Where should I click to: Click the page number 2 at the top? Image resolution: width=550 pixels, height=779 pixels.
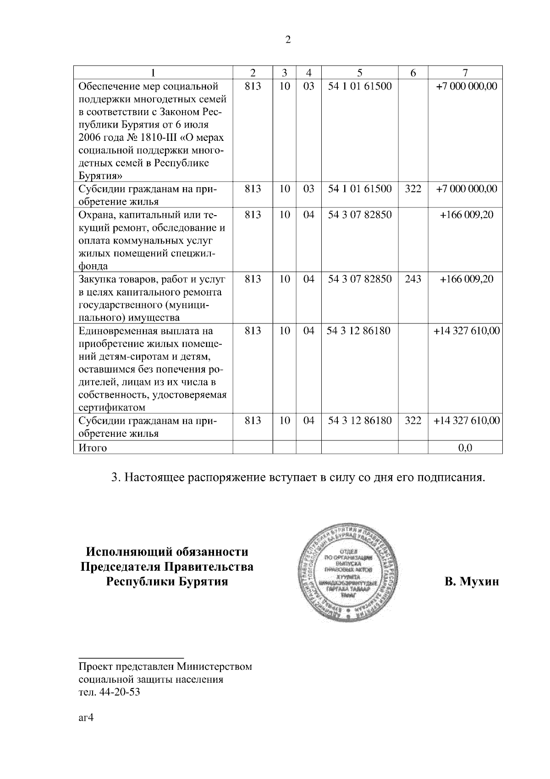(x=288, y=40)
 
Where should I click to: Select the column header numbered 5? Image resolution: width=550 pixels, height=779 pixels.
(x=360, y=72)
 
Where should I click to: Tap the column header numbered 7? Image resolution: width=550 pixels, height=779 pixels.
(x=465, y=72)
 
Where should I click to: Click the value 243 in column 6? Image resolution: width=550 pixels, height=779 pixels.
(x=413, y=279)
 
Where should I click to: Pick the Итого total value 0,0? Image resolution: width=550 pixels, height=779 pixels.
(x=465, y=448)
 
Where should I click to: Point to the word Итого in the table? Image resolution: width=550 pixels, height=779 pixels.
(x=93, y=448)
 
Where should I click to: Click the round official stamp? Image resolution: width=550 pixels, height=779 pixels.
(x=349, y=575)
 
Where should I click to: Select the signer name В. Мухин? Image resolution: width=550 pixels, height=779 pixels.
(x=471, y=582)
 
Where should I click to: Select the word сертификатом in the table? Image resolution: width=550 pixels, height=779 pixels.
(x=112, y=408)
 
